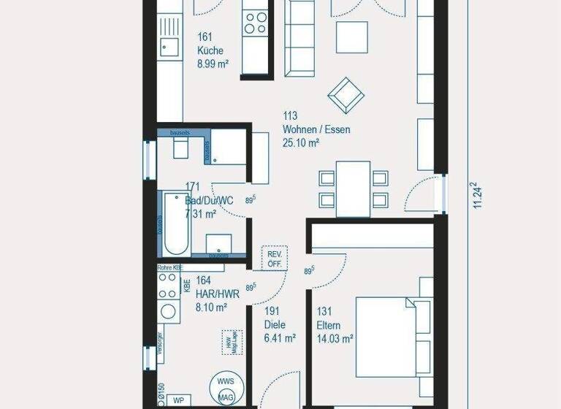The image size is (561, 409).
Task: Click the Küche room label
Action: (210, 51)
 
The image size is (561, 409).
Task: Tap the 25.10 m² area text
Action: (301, 143)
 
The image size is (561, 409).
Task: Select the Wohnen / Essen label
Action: (316, 130)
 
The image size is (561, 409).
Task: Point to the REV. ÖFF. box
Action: (275, 258)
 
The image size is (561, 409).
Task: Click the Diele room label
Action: (275, 325)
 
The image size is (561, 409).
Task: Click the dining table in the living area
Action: (353, 188)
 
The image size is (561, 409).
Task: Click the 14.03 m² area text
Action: (335, 338)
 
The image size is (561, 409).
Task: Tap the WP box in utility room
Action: (177, 401)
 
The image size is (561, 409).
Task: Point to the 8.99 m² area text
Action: (213, 64)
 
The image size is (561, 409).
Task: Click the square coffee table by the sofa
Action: (351, 36)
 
